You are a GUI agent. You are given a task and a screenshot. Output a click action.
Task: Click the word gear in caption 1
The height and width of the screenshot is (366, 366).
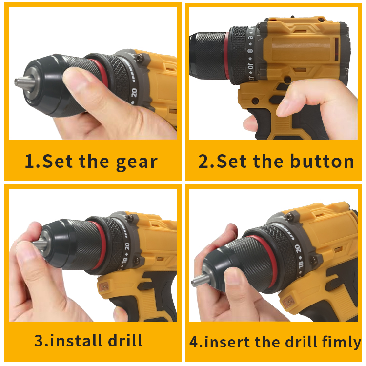137,162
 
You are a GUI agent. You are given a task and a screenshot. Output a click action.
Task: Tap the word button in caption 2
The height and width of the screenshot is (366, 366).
323,161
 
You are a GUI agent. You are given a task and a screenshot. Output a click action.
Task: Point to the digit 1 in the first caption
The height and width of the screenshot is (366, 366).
30,161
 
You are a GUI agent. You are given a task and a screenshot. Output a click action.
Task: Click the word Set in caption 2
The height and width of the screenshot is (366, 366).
231,161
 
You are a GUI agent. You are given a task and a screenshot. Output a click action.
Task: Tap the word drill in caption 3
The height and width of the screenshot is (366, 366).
125,340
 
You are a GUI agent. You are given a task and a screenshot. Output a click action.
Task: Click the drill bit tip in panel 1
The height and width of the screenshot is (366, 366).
16,82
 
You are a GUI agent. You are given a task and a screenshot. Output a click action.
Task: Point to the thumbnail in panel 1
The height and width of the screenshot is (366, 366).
75,75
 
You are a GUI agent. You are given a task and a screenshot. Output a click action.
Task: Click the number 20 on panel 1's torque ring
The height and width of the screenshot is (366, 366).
134,93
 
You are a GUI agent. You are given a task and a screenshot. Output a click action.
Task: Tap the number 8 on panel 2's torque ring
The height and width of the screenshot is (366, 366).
250,51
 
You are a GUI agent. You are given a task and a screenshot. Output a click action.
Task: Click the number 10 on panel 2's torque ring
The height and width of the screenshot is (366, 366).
250,66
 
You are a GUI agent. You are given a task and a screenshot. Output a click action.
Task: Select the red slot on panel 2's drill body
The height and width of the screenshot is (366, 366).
337,49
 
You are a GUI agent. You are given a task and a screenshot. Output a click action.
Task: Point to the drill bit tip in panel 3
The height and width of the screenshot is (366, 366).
34,243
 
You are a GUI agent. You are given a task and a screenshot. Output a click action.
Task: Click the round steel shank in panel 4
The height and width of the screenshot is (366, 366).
200,280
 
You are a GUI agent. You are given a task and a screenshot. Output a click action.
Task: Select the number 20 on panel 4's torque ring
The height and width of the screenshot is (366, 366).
298,248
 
